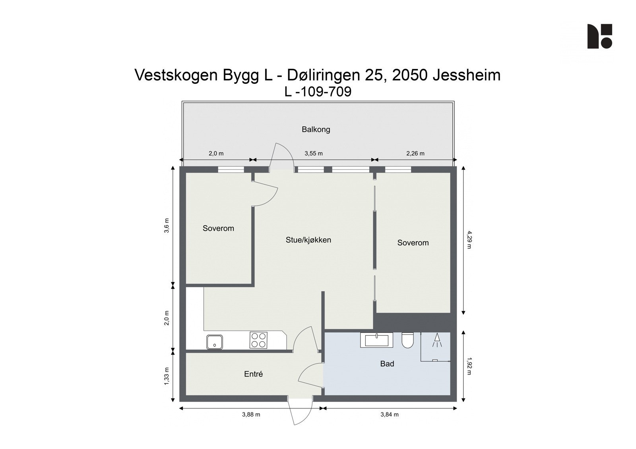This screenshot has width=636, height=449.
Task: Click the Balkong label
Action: pyautogui.click(x=316, y=129)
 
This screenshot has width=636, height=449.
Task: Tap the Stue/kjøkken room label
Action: pyautogui.click(x=308, y=240)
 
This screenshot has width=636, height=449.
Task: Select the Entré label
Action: pyautogui.click(x=253, y=374)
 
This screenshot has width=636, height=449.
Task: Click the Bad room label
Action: pyautogui.click(x=387, y=364)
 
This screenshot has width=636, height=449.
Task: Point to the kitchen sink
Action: pyautogui.click(x=214, y=342)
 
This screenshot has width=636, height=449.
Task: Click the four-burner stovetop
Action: pyautogui.click(x=258, y=340)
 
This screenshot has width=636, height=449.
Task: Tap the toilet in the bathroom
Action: pyautogui.click(x=408, y=340)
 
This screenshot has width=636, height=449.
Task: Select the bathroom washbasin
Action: pyautogui.click(x=376, y=340)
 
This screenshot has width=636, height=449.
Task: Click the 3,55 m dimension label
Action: pyautogui.click(x=314, y=153)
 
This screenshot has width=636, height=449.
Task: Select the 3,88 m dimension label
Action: pyautogui.click(x=251, y=414)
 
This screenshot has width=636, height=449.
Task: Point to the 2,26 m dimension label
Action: pyautogui.click(x=415, y=153)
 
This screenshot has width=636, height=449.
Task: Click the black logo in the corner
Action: pyautogui.click(x=599, y=37)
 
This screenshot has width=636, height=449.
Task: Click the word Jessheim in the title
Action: pyautogui.click(x=466, y=75)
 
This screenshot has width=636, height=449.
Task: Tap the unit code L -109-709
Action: pyautogui.click(x=318, y=92)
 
